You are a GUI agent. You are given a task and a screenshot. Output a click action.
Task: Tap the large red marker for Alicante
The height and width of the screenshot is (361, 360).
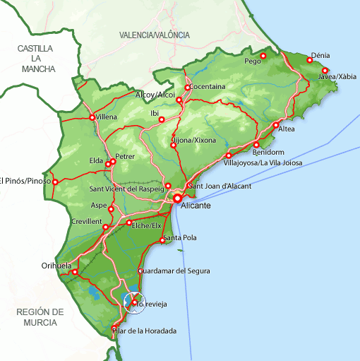click(178, 199)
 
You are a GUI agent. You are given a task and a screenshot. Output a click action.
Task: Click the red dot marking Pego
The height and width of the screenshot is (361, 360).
click(263, 56)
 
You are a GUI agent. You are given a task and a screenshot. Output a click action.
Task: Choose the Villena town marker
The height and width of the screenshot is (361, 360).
click(92, 117)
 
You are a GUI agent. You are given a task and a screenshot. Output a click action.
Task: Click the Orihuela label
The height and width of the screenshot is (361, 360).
click(56, 266)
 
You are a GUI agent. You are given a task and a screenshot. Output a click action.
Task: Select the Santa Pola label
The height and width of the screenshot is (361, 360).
click(179, 238)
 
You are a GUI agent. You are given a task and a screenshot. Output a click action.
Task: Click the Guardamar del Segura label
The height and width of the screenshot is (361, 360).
click(174, 271)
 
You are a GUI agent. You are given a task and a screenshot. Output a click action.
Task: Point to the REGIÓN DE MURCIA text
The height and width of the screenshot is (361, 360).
click(40, 317)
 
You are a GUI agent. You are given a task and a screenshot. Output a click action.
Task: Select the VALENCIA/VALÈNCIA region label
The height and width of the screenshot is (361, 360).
click(155, 35)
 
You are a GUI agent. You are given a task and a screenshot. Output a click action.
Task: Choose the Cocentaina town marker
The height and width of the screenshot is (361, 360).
click(188, 88)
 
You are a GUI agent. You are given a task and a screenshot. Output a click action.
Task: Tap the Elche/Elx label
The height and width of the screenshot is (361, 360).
click(148, 225)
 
